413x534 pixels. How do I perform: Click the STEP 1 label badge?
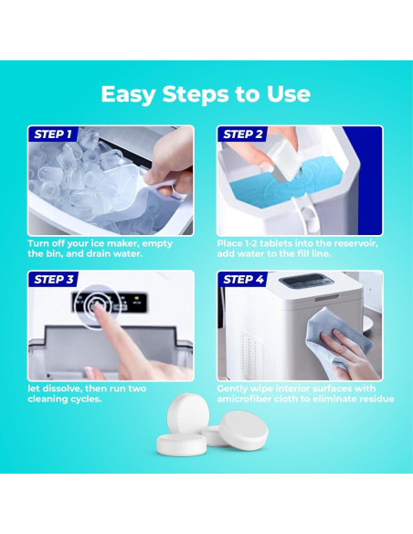coord(53,133)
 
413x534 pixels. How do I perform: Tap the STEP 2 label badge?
coord(242,133)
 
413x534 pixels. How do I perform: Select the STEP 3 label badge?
coord(53,279)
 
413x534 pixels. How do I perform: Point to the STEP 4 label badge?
coord(242,279)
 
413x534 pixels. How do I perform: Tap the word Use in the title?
coord(289,94)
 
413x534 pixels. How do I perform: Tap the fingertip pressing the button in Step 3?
coord(100,306)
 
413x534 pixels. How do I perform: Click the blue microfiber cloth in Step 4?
coord(337,336)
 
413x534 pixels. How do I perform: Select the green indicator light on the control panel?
coord(137,298)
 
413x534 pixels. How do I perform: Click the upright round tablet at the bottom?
coord(187,413)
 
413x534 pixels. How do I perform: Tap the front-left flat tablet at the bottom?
coord(181,444)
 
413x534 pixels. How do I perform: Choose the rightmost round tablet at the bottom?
coord(244,430)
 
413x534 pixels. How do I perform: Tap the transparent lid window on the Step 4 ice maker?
coord(306,281)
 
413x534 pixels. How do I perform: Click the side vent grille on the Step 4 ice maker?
coord(250,353)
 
